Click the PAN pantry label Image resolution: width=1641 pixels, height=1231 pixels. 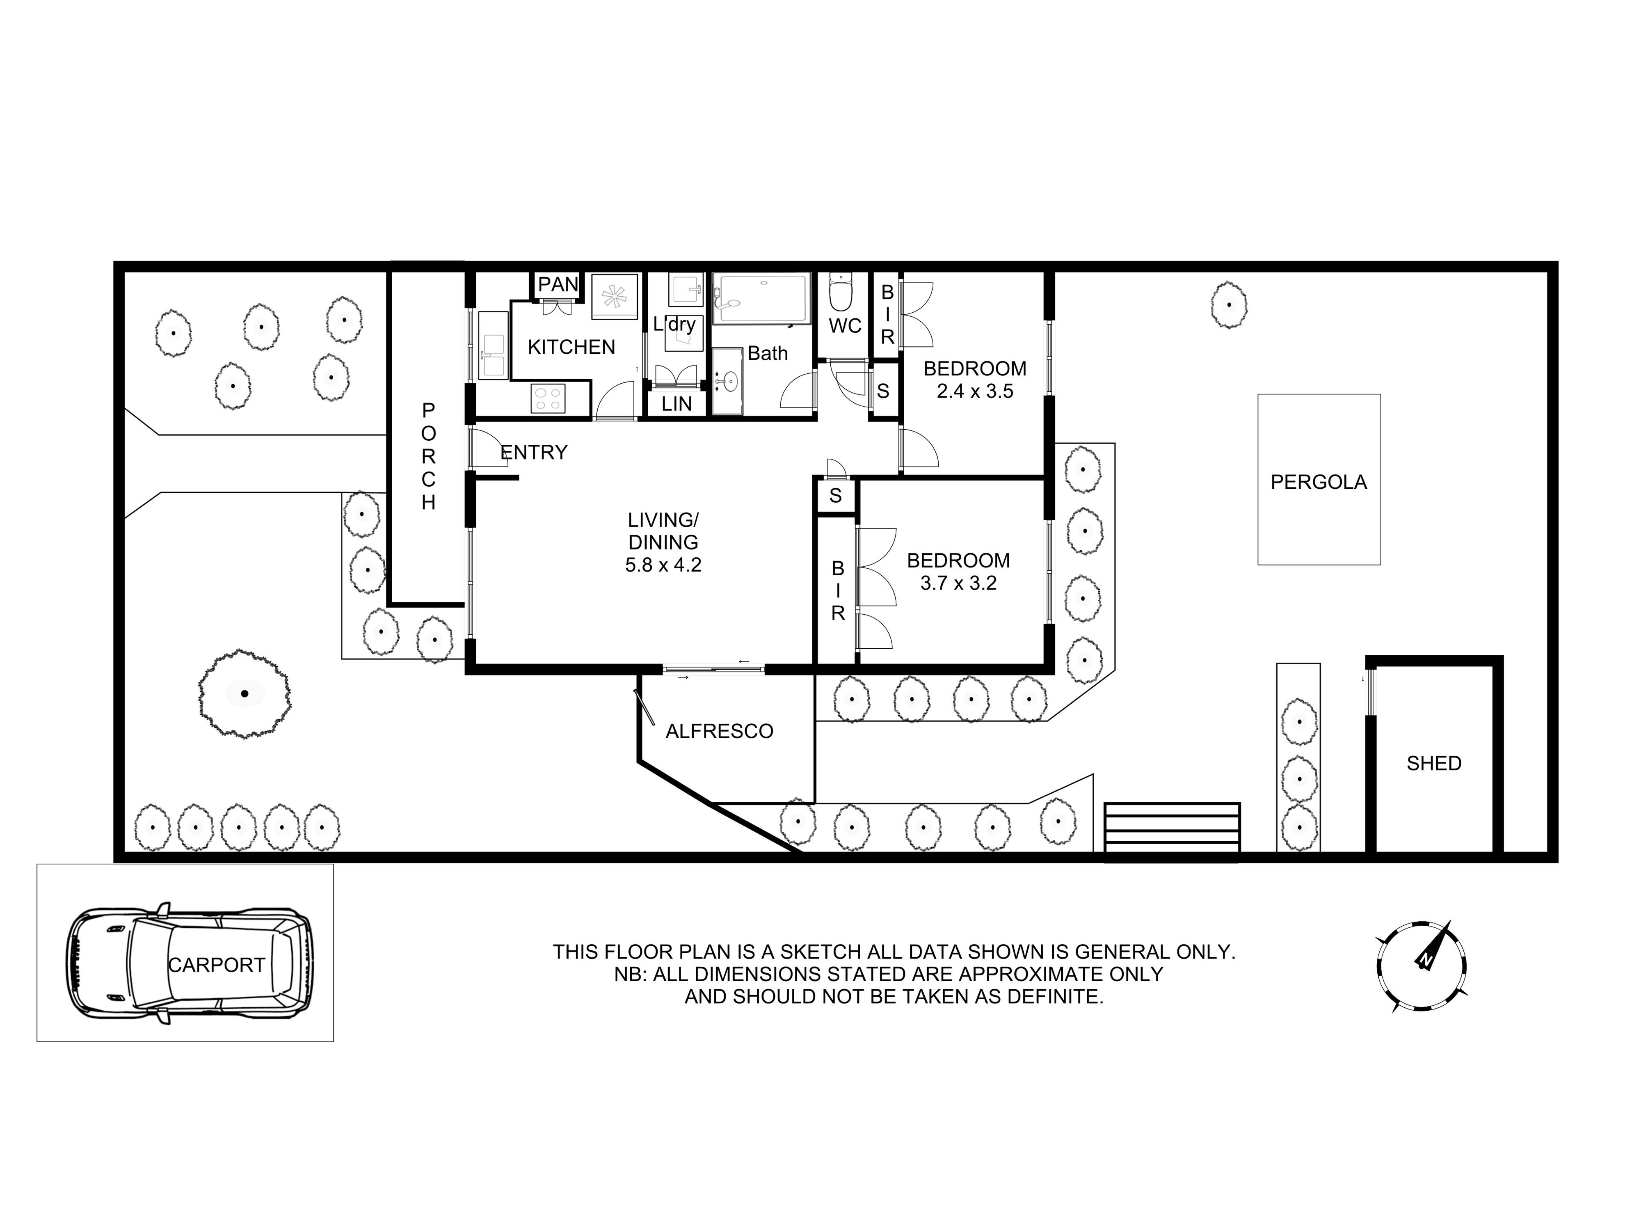558,284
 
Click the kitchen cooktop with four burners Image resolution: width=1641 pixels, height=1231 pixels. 548,398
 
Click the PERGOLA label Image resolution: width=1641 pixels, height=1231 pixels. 1318,482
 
